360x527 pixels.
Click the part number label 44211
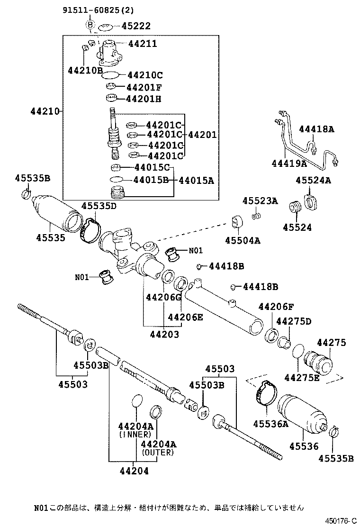(x=141, y=44)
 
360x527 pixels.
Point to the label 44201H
(x=144, y=99)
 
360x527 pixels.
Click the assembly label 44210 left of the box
(x=45, y=112)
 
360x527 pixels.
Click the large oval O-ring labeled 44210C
(x=110, y=74)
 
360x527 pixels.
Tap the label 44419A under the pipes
(x=289, y=164)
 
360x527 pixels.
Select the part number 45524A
(x=313, y=181)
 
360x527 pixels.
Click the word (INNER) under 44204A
(x=135, y=434)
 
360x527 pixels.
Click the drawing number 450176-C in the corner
(x=340, y=520)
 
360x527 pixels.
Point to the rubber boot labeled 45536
(x=301, y=412)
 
